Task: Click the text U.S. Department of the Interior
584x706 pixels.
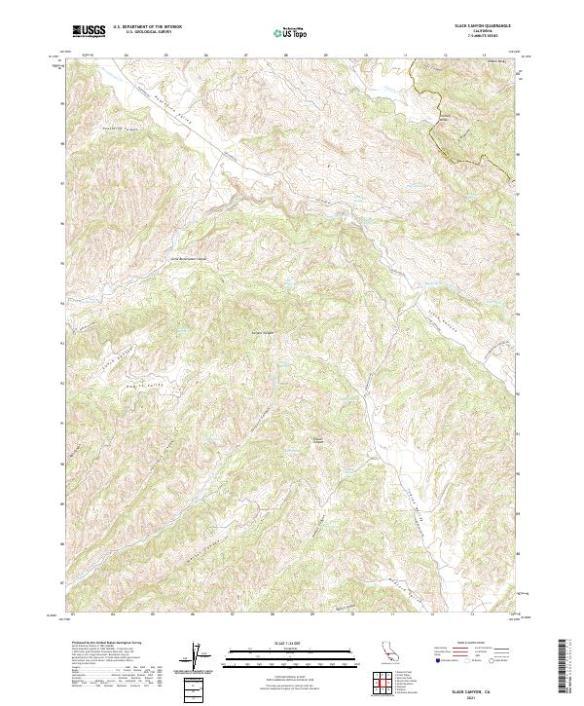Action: tap(147, 27)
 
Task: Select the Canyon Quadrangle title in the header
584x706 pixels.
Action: tap(474, 26)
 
